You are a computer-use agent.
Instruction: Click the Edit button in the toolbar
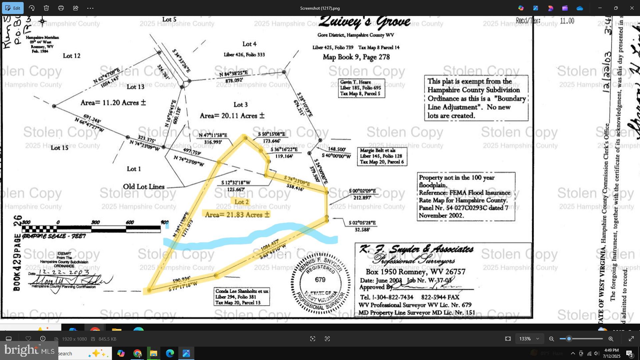[x=13, y=8]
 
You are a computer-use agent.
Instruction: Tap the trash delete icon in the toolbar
[x=46, y=8]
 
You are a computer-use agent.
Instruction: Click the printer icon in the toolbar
[x=61, y=8]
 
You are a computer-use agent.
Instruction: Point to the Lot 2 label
[x=241, y=202]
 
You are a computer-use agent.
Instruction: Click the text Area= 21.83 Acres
[x=237, y=215]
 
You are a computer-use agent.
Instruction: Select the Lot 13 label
[x=135, y=87]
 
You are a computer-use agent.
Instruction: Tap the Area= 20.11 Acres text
[x=232, y=116]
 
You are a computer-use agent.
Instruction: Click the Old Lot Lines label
[x=144, y=187]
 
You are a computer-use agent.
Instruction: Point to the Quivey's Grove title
[x=364, y=22]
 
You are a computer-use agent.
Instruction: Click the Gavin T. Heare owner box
[x=362, y=88]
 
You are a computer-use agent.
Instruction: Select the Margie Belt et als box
[x=382, y=156]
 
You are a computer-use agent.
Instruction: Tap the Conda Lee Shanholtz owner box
[x=242, y=297]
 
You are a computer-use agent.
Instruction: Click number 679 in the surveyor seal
[x=320, y=280]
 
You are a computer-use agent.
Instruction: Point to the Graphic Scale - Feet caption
[x=54, y=236]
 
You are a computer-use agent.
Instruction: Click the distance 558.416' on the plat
[x=295, y=188]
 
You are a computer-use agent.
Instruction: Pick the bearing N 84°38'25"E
[x=233, y=74]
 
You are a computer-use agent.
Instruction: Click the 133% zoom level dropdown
[x=529, y=339]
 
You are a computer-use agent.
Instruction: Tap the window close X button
[x=632, y=8]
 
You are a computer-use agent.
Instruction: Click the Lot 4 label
[x=249, y=44]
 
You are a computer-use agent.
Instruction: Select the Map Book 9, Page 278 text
[x=356, y=57]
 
